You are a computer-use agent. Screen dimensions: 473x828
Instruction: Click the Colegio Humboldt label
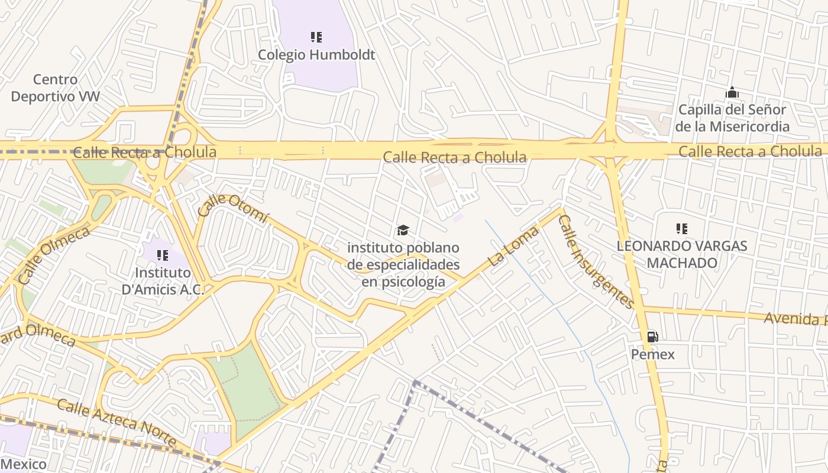[316, 55]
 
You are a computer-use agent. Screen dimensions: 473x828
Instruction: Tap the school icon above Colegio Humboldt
[316, 37]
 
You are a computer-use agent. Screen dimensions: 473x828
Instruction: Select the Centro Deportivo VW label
[56, 88]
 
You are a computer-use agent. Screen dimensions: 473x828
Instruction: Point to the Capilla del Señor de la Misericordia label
[732, 118]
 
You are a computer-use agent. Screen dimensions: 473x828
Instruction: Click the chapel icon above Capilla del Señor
[732, 93]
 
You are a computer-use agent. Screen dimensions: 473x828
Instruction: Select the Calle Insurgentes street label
[596, 262]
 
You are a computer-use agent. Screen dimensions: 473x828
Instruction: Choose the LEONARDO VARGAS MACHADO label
[682, 254]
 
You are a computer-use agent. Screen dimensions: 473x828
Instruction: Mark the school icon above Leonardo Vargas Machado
[682, 228]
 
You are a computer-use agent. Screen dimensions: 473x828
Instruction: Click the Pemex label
[653, 354]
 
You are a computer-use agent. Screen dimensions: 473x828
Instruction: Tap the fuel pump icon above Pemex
[652, 337]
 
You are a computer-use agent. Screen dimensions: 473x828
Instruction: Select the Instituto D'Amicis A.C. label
[163, 281]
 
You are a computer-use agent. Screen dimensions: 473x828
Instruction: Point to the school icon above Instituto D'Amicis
[162, 255]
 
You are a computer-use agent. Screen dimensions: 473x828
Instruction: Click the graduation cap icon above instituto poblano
[403, 230]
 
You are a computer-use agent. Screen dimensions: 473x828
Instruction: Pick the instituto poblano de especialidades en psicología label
[403, 264]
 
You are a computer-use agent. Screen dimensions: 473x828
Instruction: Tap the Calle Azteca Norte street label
[117, 422]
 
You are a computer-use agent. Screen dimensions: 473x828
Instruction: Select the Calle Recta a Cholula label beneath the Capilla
[750, 151]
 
